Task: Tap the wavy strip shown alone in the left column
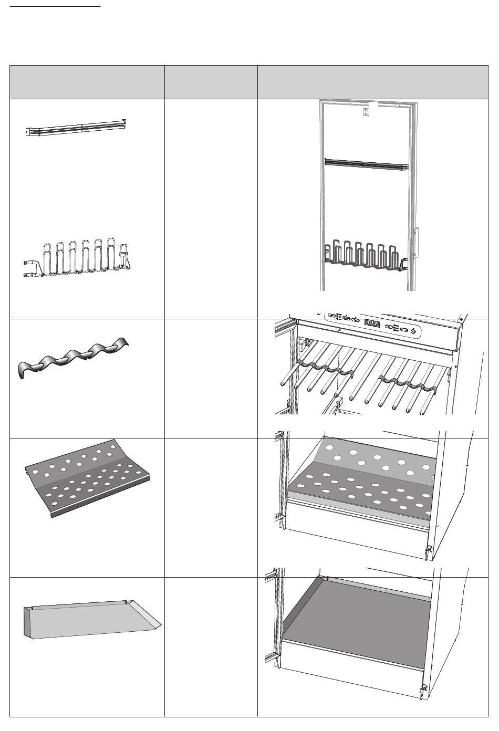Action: pyautogui.click(x=74, y=360)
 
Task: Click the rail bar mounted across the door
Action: pyautogui.click(x=366, y=164)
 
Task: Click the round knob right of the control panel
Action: pyautogui.click(x=414, y=330)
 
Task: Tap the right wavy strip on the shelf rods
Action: pyautogui.click(x=409, y=383)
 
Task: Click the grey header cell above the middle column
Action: pyautogui.click(x=211, y=82)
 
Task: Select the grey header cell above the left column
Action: pyautogui.click(x=87, y=82)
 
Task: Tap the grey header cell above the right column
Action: pyautogui.click(x=372, y=82)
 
